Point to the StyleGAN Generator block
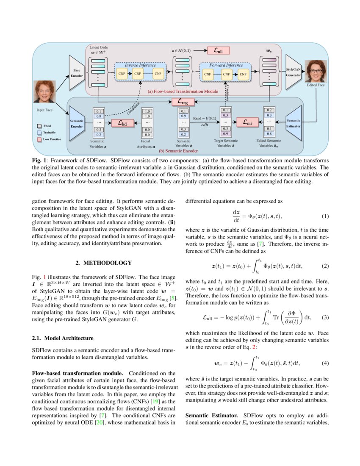click(x=293, y=72)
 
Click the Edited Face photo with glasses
click(x=315, y=70)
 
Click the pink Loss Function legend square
click(x=39, y=139)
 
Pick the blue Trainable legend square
click(x=39, y=132)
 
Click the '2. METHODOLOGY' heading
click(x=104, y=263)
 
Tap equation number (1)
click(x=325, y=216)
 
